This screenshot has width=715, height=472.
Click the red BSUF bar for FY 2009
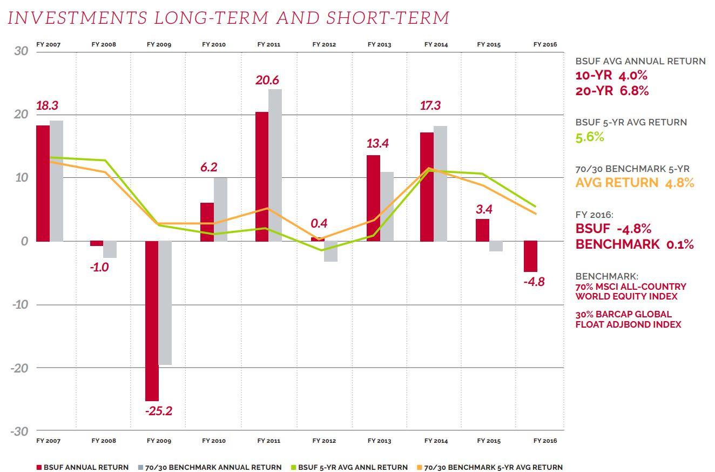(x=152, y=321)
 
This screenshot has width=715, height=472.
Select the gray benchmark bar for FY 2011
(x=275, y=165)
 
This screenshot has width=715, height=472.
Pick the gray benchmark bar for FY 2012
(x=330, y=251)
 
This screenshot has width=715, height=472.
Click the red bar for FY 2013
(x=373, y=198)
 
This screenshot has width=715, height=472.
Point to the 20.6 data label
(x=267, y=81)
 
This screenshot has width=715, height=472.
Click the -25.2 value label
(x=158, y=411)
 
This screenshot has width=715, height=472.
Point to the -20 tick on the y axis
(x=20, y=368)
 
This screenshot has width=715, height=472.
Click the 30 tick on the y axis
(x=22, y=51)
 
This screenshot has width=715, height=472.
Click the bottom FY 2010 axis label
(x=214, y=441)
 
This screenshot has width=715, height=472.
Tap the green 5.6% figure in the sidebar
(x=590, y=137)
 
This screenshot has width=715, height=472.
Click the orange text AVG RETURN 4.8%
(x=635, y=182)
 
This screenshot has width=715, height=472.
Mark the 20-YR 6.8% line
(x=612, y=90)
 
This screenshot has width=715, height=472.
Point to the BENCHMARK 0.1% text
(x=635, y=244)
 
